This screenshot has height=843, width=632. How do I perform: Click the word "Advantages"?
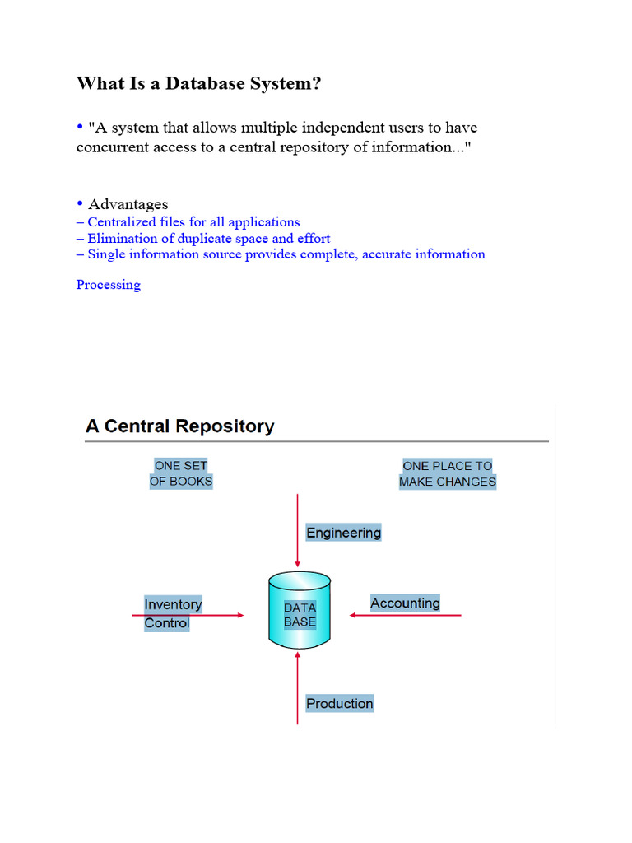coord(128,204)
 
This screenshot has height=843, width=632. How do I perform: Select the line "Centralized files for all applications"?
coord(193,222)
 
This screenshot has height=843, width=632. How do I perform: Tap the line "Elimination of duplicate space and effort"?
coord(209,239)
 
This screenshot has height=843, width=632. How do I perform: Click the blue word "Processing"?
coord(109,285)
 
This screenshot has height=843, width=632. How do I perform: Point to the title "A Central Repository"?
coord(179,426)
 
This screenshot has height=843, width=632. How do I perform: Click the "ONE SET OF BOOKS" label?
coord(181,473)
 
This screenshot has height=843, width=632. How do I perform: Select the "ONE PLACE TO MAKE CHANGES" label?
coord(448,473)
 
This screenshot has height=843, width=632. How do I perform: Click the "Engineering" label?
coord(343,533)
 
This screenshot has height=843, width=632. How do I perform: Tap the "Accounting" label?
coord(405,603)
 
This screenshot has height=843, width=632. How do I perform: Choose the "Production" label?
coord(339,703)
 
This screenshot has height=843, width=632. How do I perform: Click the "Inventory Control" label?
coord(173,613)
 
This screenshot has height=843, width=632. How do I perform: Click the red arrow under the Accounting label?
coord(407,615)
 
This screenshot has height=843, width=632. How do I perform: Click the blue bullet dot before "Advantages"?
coord(81,203)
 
